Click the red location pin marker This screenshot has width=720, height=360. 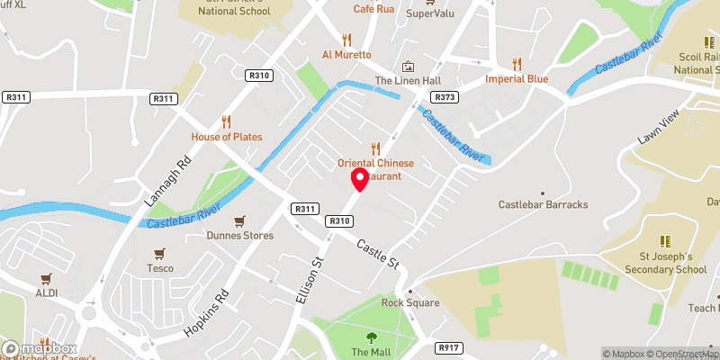click(360, 179)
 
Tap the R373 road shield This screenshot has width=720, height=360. click(444, 96)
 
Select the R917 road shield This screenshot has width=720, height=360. click(448, 346)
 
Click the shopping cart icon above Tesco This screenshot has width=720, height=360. click(159, 253)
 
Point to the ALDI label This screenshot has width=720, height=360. click(45, 293)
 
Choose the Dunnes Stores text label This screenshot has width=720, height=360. click(239, 237)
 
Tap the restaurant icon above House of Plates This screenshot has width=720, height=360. click(227, 121)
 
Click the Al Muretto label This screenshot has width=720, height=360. click(346, 54)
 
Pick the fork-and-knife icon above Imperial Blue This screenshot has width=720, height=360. click(517, 63)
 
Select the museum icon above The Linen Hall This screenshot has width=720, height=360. click(409, 67)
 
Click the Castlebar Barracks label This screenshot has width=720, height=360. click(543, 204)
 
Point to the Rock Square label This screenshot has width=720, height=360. click(410, 302)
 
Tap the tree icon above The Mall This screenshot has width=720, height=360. click(371, 337)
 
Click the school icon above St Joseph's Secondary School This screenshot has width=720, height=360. click(666, 241)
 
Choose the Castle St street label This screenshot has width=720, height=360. click(377, 254)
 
